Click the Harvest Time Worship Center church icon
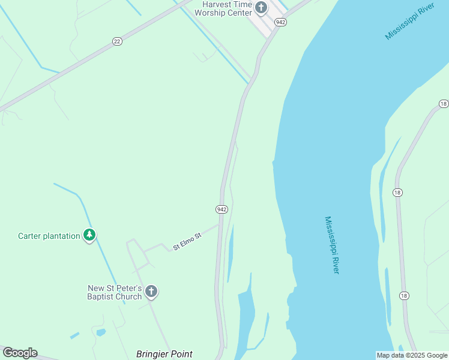pos(261,8)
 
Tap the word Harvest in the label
pos(217,4)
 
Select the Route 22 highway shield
pos(117,41)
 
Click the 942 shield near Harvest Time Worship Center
pos(280,22)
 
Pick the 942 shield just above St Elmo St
pos(221,209)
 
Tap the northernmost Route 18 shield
pos(444,104)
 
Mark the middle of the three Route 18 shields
pos(398,192)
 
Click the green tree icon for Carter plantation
pos(89,235)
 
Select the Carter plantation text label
pos(49,236)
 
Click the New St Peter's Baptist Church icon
pos(151,292)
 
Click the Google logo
pos(20,353)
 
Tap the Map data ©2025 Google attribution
pos(412,355)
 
